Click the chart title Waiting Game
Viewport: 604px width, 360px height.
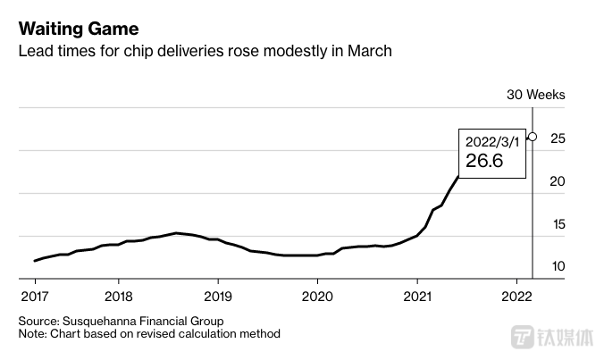tap(79, 28)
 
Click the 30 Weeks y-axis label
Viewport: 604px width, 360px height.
tap(535, 95)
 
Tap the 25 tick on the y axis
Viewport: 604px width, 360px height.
tap(558, 138)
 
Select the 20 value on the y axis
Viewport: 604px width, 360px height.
tap(558, 181)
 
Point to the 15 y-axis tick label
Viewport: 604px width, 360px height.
tap(558, 224)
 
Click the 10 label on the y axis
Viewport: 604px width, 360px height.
tap(558, 266)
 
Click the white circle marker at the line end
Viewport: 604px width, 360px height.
tap(533, 137)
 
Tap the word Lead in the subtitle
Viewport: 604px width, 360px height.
tap(35, 52)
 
